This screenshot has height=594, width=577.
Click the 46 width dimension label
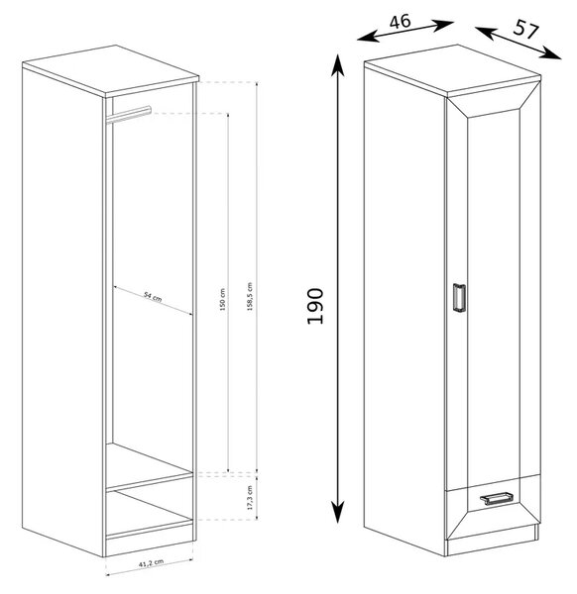point(400,21)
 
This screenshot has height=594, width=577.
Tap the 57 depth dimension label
point(525,30)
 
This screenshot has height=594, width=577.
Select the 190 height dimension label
point(315,306)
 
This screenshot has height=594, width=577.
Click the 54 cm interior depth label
point(153,297)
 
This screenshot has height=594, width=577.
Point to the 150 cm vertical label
point(223,300)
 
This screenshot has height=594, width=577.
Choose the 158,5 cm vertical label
point(250,297)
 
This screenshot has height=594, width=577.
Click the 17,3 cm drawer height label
point(250,497)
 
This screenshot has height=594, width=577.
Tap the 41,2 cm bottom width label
point(151,563)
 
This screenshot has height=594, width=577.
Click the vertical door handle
point(459,298)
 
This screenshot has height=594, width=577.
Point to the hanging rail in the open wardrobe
point(129,115)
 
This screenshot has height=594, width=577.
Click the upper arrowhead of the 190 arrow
point(338,65)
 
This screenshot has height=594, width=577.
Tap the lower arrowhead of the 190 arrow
point(338,512)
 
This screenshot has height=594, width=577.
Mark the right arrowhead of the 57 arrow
point(551,53)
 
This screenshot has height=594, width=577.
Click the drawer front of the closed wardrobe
point(493,504)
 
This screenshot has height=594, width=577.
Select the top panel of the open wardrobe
point(111,70)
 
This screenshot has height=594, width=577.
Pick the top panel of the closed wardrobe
point(452,70)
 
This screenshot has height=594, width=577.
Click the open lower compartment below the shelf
point(150,510)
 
